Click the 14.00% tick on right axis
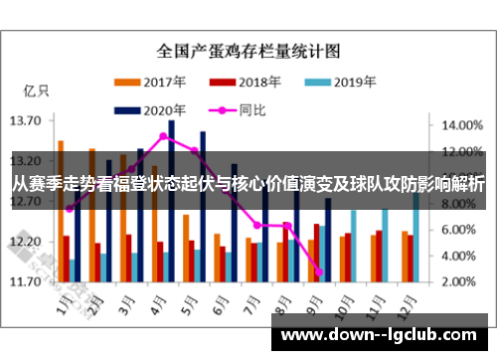[459, 126]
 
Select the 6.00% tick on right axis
[459, 230]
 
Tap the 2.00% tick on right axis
[459, 281]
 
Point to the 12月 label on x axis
[404, 299]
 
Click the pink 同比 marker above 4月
[163, 136]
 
